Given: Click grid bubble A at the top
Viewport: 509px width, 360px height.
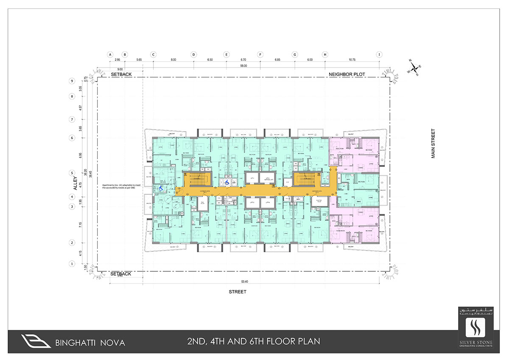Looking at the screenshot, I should pyautogui.click(x=110, y=54).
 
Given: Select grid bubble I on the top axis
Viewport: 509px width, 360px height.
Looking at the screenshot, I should pyautogui.click(x=380, y=54).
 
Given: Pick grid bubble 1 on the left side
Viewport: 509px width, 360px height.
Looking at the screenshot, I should pyautogui.click(x=73, y=264).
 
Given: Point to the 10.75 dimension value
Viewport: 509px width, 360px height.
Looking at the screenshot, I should pyautogui.click(x=352, y=60).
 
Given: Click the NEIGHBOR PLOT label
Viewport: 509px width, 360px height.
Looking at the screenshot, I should pyautogui.click(x=347, y=75).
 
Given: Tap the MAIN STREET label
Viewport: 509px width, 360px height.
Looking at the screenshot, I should pyautogui.click(x=433, y=143).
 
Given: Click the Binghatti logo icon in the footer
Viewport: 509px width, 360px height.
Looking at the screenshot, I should pyautogui.click(x=36, y=341).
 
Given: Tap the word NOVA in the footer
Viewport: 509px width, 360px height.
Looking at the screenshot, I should pyautogui.click(x=112, y=342).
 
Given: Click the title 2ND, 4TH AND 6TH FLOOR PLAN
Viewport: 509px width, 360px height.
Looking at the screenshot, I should pyautogui.click(x=253, y=341).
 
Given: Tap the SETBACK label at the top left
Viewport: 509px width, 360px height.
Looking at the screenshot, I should pyautogui.click(x=121, y=74).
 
